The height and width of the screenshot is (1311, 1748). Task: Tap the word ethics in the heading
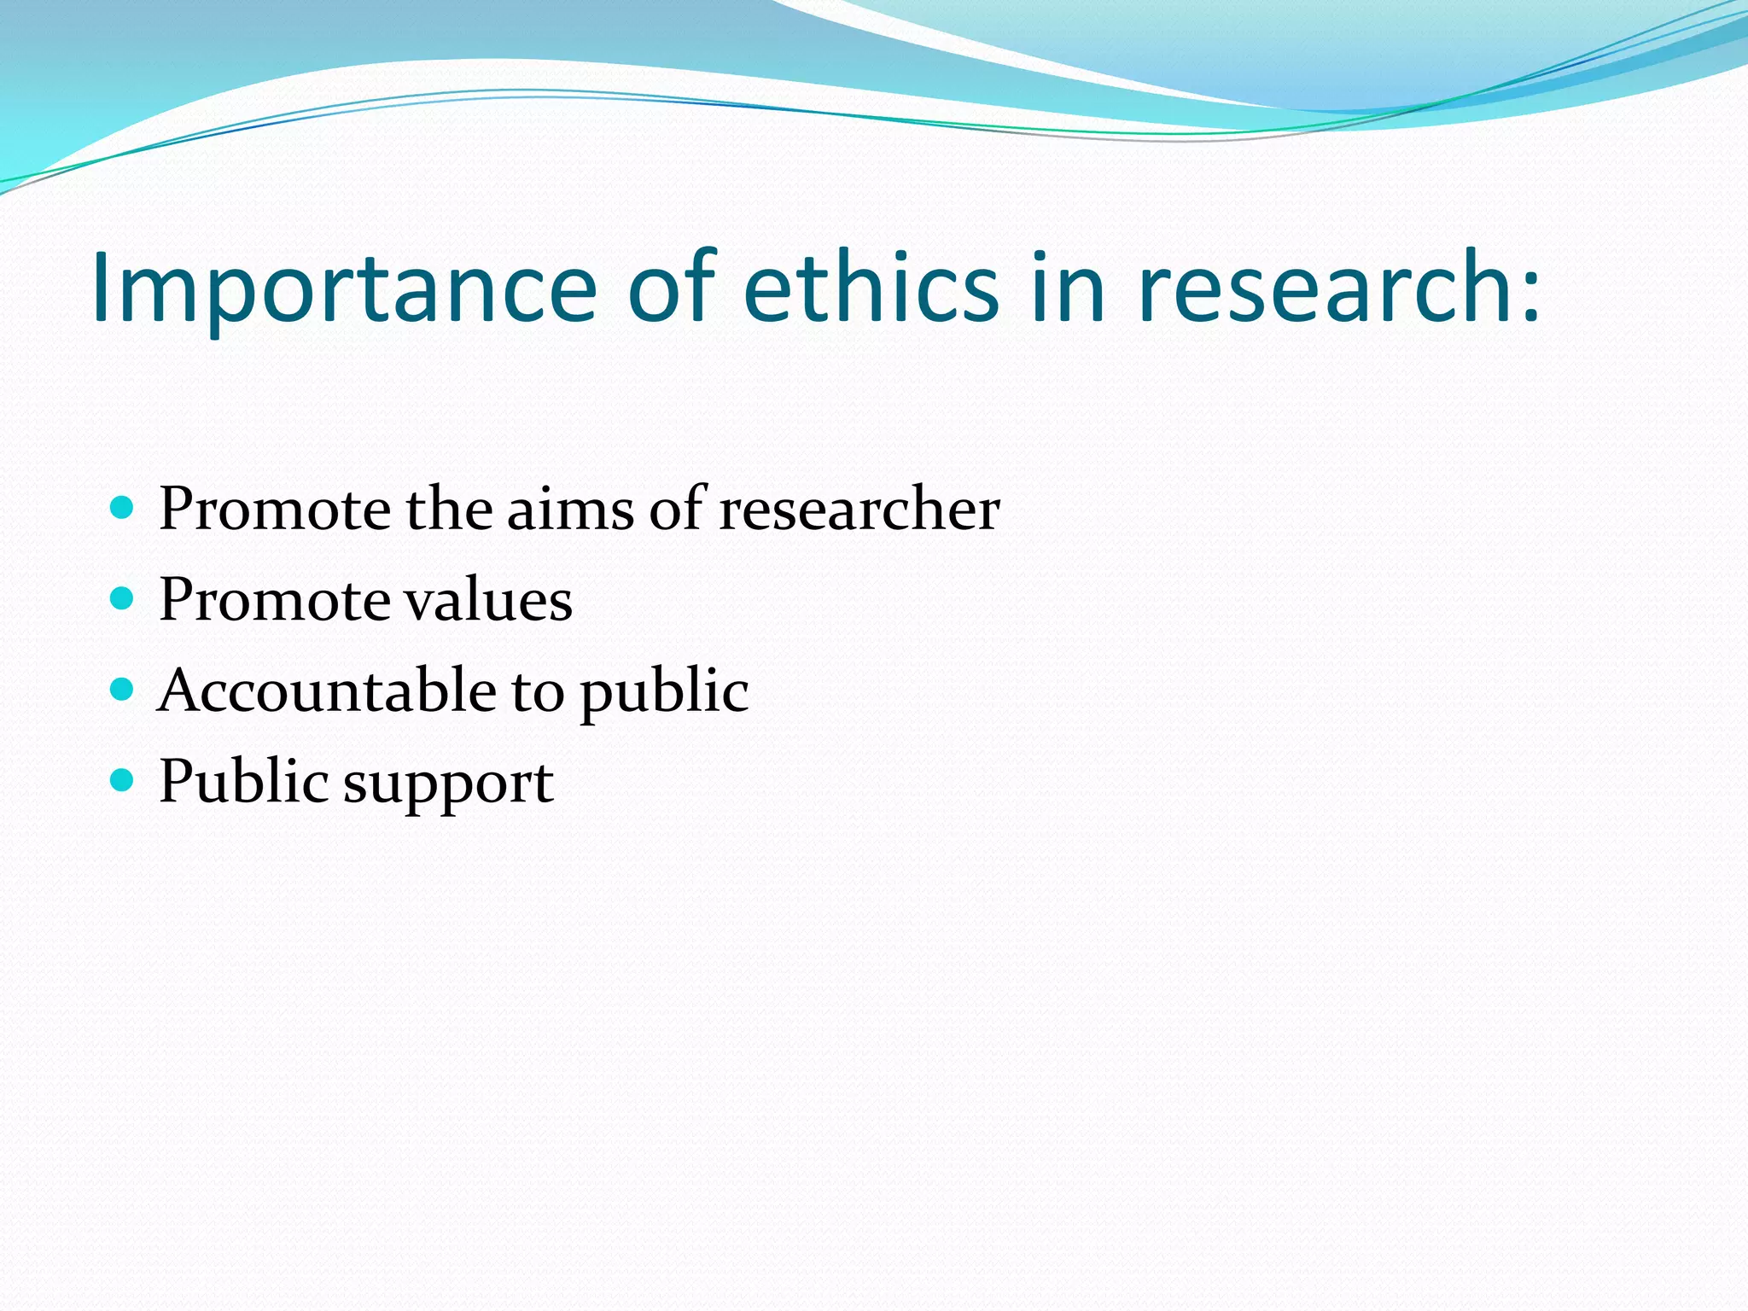[871, 288]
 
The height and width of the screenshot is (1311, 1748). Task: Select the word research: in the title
[1340, 288]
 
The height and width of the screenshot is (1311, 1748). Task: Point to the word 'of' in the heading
[671, 288]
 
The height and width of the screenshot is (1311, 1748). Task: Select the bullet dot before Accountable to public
[123, 690]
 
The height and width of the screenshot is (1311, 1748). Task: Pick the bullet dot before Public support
[123, 780]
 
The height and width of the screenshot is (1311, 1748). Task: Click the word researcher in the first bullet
[859, 510]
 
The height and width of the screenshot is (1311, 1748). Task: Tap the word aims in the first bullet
[569, 510]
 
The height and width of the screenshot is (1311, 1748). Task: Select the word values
[487, 600]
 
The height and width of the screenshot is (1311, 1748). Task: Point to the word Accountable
[327, 690]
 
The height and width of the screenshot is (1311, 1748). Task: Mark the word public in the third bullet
[664, 693]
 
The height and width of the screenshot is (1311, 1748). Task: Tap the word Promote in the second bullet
[274, 600]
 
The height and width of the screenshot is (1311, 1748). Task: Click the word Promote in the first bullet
[274, 510]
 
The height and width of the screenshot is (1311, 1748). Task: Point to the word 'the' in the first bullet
[448, 510]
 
